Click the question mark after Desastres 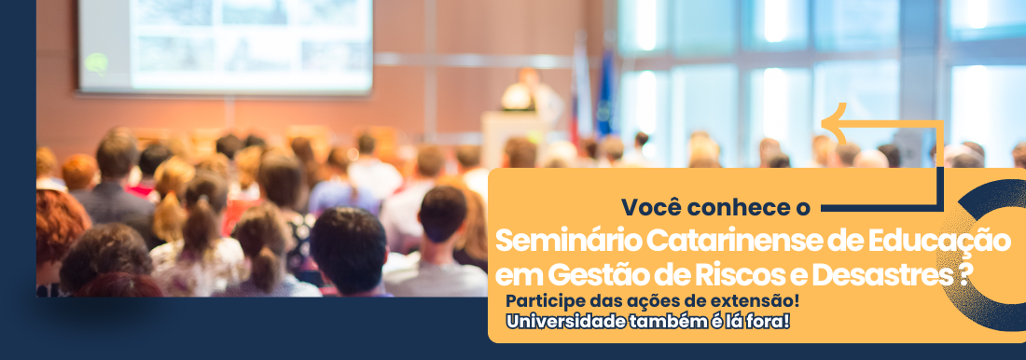tap(964, 275)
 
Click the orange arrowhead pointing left tap(833, 122)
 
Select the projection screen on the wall tap(226, 46)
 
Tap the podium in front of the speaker tap(515, 138)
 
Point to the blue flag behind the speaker tap(604, 91)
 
